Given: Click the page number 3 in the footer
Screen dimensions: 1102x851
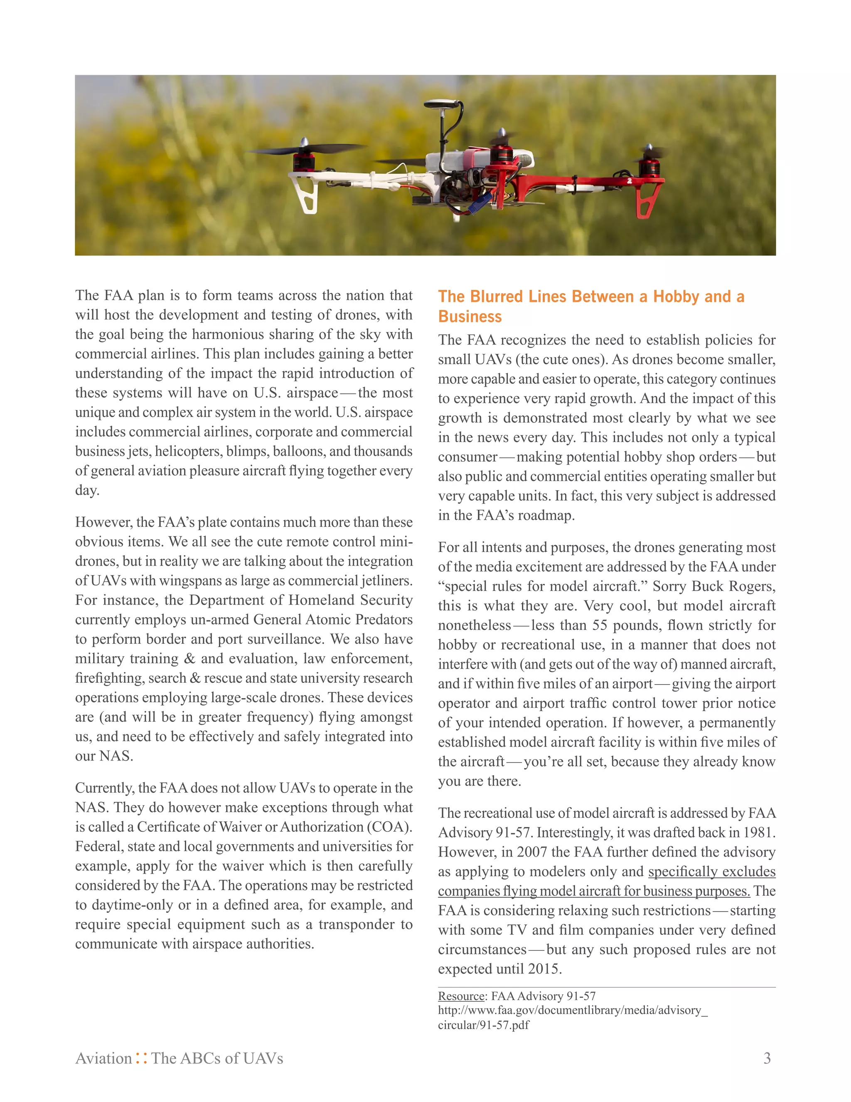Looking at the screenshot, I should (x=767, y=1058).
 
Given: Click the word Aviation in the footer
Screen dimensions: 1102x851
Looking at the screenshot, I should (x=103, y=1058).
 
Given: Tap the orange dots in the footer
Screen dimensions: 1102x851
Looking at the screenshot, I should (x=142, y=1058).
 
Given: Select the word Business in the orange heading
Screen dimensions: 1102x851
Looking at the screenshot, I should (x=470, y=316).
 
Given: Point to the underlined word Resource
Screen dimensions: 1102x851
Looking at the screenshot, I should (x=461, y=996).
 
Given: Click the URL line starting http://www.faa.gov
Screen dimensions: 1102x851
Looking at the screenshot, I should (x=572, y=1010).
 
